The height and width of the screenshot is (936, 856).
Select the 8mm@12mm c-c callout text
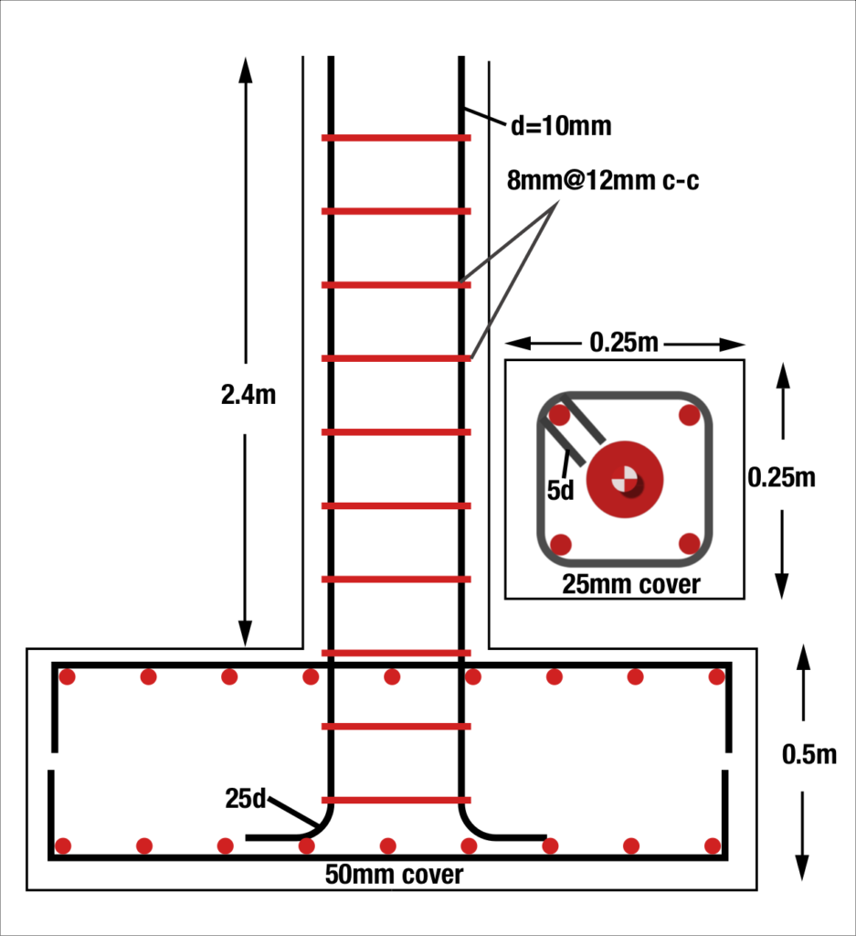(x=603, y=181)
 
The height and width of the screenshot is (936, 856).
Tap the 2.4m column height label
(x=248, y=395)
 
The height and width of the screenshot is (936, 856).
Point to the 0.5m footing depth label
(x=809, y=754)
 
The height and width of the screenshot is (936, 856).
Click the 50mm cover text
(x=394, y=875)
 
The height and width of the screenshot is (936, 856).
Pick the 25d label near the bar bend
(x=246, y=798)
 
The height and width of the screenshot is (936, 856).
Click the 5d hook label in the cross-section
(x=560, y=490)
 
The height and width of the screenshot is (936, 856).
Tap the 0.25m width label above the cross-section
(x=625, y=344)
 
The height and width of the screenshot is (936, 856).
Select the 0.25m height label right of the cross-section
(x=781, y=477)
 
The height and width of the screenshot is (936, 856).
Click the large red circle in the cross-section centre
(x=625, y=479)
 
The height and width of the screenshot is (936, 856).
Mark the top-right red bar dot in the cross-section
(x=690, y=416)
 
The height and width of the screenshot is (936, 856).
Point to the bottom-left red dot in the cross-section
(x=561, y=545)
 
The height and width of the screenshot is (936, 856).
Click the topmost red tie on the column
(x=396, y=138)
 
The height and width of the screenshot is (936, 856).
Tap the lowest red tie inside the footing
(x=396, y=800)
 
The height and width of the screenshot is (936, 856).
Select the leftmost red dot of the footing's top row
(x=67, y=677)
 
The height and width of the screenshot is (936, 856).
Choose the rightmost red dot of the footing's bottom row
(x=712, y=846)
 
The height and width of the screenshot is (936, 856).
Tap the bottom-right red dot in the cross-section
(x=690, y=544)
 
